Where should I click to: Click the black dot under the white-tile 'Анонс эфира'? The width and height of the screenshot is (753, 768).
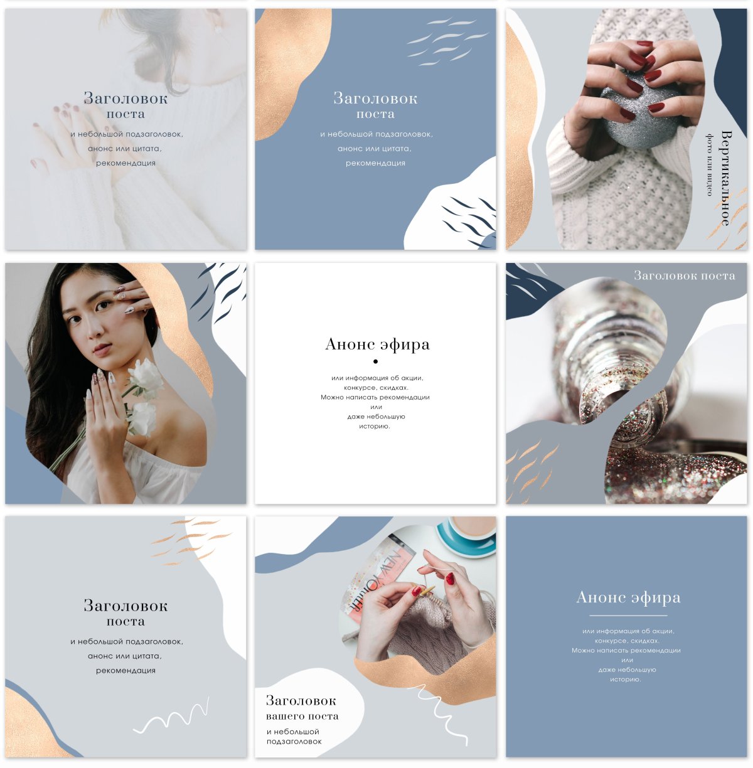point(375,361)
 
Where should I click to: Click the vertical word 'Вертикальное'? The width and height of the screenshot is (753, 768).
point(726,178)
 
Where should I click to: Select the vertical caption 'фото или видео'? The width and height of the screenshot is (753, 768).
point(710,164)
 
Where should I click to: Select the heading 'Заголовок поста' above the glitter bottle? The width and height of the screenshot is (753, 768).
point(684,275)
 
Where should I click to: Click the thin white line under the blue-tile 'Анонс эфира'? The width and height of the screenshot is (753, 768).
point(628,616)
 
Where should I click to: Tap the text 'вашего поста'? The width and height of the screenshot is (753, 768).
point(302,716)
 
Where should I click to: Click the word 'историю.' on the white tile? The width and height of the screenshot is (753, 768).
point(375,427)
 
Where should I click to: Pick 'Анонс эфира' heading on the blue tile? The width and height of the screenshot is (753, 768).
point(628,598)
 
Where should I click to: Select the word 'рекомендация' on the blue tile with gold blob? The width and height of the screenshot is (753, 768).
point(375,163)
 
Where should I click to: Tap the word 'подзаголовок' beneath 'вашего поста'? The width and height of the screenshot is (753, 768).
point(294,742)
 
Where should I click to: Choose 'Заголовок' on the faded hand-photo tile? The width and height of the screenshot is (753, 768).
point(125,98)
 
